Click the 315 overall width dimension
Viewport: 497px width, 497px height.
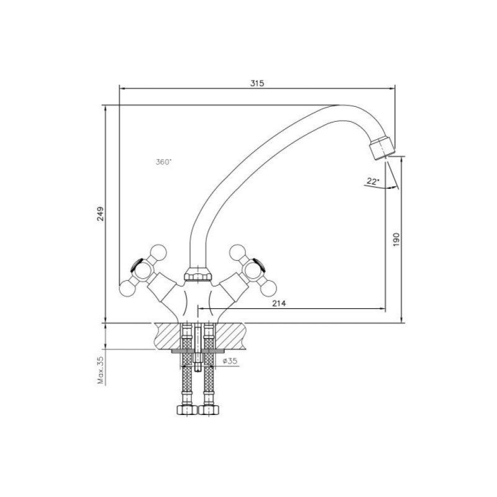point(257,83)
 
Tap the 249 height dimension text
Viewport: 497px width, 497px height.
point(100,214)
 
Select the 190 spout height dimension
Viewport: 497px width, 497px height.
point(396,240)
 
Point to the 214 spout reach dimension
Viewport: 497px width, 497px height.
point(279,303)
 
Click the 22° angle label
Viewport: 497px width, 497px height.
point(373,181)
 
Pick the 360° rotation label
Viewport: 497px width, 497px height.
point(163,162)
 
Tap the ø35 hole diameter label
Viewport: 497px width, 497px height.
point(230,361)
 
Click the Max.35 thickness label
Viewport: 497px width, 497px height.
point(101,370)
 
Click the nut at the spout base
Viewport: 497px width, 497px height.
point(198,274)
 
